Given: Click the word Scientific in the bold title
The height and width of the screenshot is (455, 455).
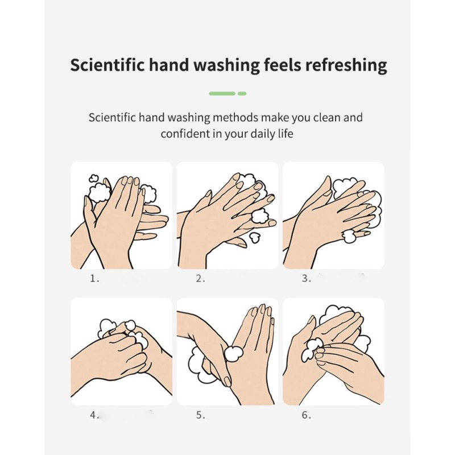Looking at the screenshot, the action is (x=107, y=65).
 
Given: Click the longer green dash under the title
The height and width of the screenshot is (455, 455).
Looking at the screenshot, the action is (x=222, y=93).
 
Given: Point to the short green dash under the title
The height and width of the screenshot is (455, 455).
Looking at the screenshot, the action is (x=242, y=93).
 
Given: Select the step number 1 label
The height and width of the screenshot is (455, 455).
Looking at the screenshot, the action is (x=94, y=279).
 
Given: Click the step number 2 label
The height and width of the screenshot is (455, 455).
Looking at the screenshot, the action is (x=200, y=279).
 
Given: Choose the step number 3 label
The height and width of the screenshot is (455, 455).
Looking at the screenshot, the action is (x=307, y=279).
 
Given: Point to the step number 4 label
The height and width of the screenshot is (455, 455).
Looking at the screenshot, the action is (x=94, y=415).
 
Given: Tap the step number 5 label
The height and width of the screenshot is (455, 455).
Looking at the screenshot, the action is (x=200, y=415).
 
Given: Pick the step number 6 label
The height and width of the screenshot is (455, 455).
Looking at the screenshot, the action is (x=307, y=415).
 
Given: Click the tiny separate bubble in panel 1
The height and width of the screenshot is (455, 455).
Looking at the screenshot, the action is (x=94, y=178).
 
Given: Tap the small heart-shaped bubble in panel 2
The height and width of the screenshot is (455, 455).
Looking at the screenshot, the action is (x=255, y=238).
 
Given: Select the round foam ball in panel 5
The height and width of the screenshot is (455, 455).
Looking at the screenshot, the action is (x=234, y=353).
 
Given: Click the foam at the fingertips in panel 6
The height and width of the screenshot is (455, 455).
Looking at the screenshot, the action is (x=311, y=350).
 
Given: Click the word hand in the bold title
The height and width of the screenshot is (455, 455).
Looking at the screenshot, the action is (x=169, y=65).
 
